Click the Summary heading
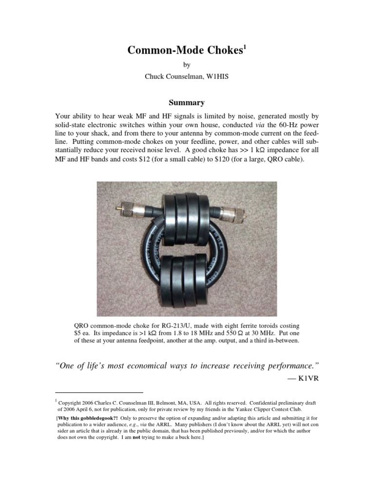(187, 103)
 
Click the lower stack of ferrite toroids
(187, 285)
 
